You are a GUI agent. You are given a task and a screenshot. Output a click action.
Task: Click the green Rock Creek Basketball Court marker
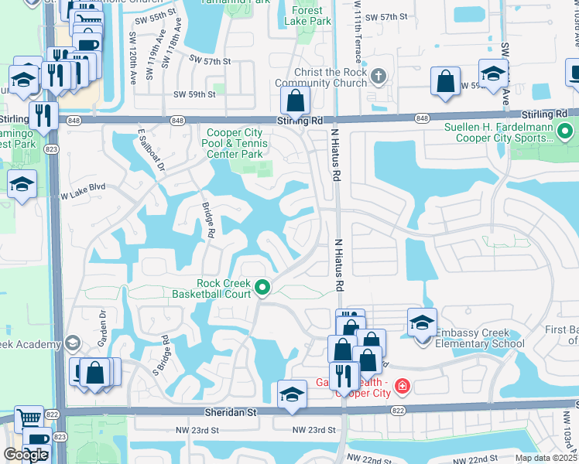click(262, 288)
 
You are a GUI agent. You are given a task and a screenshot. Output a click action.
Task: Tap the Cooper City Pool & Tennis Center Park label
click(236, 143)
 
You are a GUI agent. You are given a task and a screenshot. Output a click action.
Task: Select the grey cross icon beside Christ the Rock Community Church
click(378, 76)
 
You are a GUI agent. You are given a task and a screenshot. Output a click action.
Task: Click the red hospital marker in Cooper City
click(402, 385)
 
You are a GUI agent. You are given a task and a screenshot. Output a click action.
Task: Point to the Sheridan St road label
click(229, 414)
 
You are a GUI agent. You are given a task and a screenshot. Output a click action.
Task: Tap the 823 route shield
click(51, 150)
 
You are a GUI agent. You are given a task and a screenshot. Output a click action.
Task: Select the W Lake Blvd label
click(83, 188)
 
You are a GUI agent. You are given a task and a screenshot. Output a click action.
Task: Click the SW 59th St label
click(194, 94)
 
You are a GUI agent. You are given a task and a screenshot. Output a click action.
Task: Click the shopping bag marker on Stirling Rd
click(296, 101)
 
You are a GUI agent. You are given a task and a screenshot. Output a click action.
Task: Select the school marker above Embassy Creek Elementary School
click(423, 322)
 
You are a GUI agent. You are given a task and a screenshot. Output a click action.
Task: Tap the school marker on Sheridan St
click(292, 394)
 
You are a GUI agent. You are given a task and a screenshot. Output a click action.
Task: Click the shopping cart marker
click(29, 418)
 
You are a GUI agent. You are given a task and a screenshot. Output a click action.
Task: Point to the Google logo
click(26, 455)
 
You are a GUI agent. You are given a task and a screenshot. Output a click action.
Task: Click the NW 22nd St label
click(363, 459)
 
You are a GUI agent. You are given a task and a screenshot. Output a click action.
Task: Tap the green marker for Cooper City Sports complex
click(564, 132)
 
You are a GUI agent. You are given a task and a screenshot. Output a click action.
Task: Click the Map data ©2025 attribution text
click(546, 458)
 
